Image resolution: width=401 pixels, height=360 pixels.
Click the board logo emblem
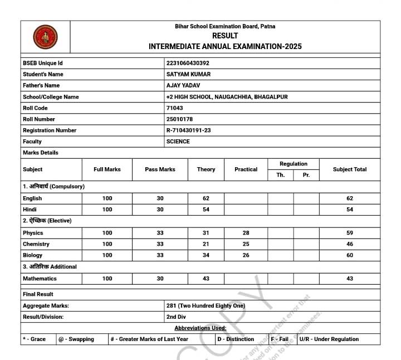click(45, 38)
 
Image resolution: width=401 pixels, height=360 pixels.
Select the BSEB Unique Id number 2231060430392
click(188, 64)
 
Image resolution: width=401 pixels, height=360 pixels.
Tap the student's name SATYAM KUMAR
click(188, 75)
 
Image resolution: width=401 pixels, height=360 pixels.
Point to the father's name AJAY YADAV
click(183, 86)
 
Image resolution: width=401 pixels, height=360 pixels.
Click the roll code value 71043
click(174, 108)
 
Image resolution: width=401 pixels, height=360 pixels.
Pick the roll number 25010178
click(180, 119)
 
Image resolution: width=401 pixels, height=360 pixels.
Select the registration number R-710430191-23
click(188, 130)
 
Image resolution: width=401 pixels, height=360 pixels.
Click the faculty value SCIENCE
click(178, 142)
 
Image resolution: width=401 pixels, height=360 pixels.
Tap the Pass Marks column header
click(160, 169)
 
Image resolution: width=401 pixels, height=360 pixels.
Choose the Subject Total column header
click(350, 169)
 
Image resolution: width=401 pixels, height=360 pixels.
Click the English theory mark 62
click(206, 198)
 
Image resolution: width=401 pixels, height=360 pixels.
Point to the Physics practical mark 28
click(246, 233)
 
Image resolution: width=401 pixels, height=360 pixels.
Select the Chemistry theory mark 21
click(206, 244)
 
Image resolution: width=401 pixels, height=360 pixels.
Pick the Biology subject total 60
click(350, 255)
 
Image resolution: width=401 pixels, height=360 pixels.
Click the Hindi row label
click(28, 210)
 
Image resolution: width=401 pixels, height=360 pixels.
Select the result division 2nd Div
click(176, 317)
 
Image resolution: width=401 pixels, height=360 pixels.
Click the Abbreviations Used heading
click(200, 328)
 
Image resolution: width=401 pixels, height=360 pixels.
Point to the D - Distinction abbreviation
click(236, 339)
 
